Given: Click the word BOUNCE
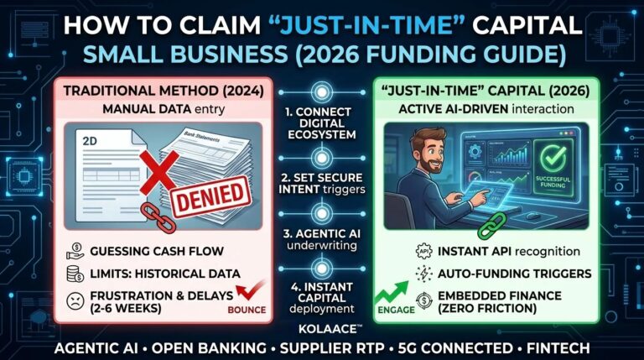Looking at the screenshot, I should coord(246,310).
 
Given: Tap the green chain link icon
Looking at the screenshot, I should coord(491,227).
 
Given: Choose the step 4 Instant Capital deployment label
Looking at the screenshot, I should coord(322,299).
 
